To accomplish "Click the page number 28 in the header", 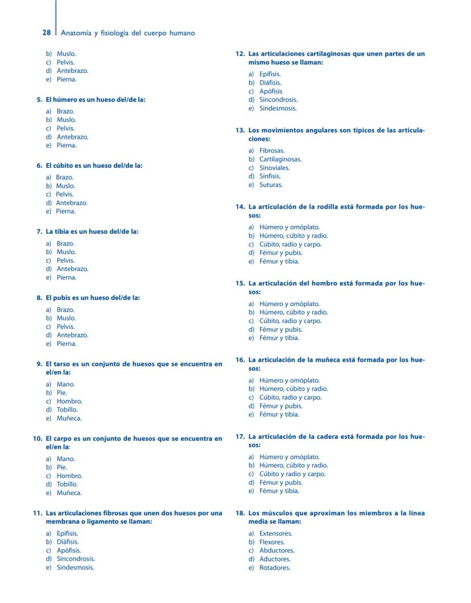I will click(47, 33).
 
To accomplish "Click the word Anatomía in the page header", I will click(76, 33).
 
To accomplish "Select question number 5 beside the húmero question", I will click(39, 100).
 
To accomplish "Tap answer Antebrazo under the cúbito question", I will click(71, 203).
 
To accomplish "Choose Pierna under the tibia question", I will click(66, 278).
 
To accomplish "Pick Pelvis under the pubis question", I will click(65, 327).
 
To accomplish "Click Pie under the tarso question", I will click(61, 393).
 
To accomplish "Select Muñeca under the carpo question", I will click(69, 493).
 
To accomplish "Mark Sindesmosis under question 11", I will click(75, 567).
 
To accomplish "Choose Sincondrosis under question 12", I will click(278, 100).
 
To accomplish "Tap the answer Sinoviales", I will click(274, 168).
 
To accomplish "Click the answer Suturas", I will click(271, 185).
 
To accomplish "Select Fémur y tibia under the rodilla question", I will click(279, 261).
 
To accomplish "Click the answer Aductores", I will click(275, 559).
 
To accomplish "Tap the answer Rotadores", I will click(275, 568).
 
